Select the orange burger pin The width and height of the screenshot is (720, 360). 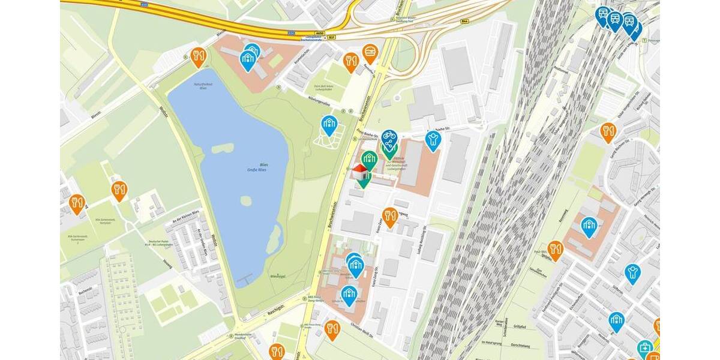pos(370,52)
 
